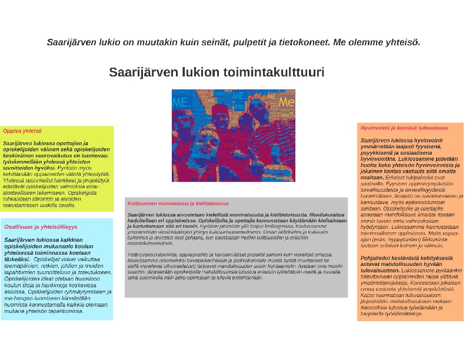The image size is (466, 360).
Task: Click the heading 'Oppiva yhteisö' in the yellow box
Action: click(x=18, y=131)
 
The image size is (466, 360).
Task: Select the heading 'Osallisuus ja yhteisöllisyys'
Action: click(x=41, y=226)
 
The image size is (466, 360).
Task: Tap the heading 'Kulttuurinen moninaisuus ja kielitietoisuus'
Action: click(x=178, y=204)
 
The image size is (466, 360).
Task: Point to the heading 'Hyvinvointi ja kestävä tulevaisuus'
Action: click(x=404, y=128)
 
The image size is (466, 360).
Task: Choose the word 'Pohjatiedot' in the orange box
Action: click(x=375, y=257)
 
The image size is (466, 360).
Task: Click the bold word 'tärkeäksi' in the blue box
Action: click(x=17, y=259)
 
